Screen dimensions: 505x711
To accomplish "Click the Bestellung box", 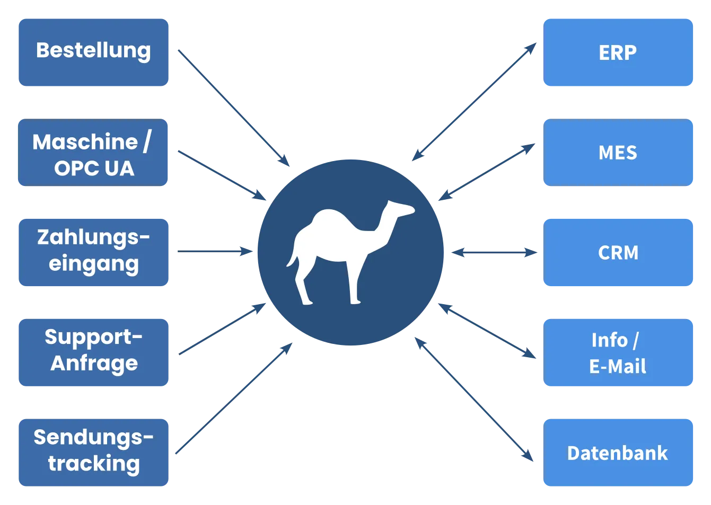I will click(x=93, y=52).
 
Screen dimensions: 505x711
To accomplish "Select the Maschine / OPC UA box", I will click(x=93, y=153).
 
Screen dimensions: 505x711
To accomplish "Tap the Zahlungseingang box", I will click(x=93, y=252).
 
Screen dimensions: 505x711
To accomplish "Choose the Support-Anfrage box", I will click(x=93, y=352).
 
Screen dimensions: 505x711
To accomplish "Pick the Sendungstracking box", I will click(x=93, y=451).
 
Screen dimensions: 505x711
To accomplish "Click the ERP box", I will click(x=618, y=52).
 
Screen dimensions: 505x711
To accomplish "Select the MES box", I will click(x=618, y=153).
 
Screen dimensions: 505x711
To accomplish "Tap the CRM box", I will click(x=618, y=252).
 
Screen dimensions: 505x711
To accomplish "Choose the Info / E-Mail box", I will click(x=618, y=353).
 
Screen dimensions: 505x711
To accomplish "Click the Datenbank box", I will click(x=618, y=453).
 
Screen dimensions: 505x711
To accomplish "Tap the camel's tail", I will click(x=292, y=254).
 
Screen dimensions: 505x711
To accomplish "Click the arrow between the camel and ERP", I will click(x=475, y=103).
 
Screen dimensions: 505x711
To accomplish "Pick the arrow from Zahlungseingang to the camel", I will click(x=212, y=252).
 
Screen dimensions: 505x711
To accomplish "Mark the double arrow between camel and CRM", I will click(x=494, y=252).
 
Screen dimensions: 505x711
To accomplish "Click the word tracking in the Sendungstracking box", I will click(x=94, y=464).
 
